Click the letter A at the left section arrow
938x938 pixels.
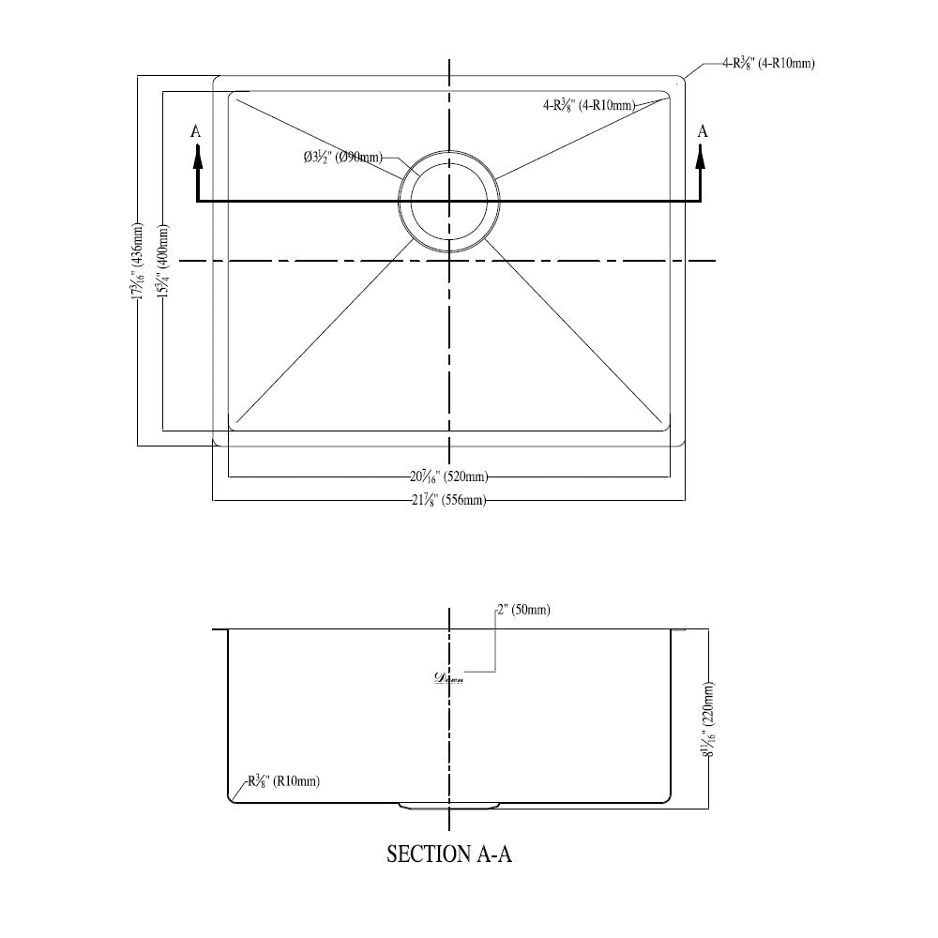click(x=196, y=131)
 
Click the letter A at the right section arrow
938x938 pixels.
click(x=703, y=131)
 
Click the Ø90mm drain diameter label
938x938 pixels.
click(x=342, y=159)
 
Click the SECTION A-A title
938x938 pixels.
click(x=449, y=855)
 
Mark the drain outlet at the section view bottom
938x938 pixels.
click(x=449, y=806)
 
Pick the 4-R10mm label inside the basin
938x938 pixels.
click(x=589, y=106)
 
